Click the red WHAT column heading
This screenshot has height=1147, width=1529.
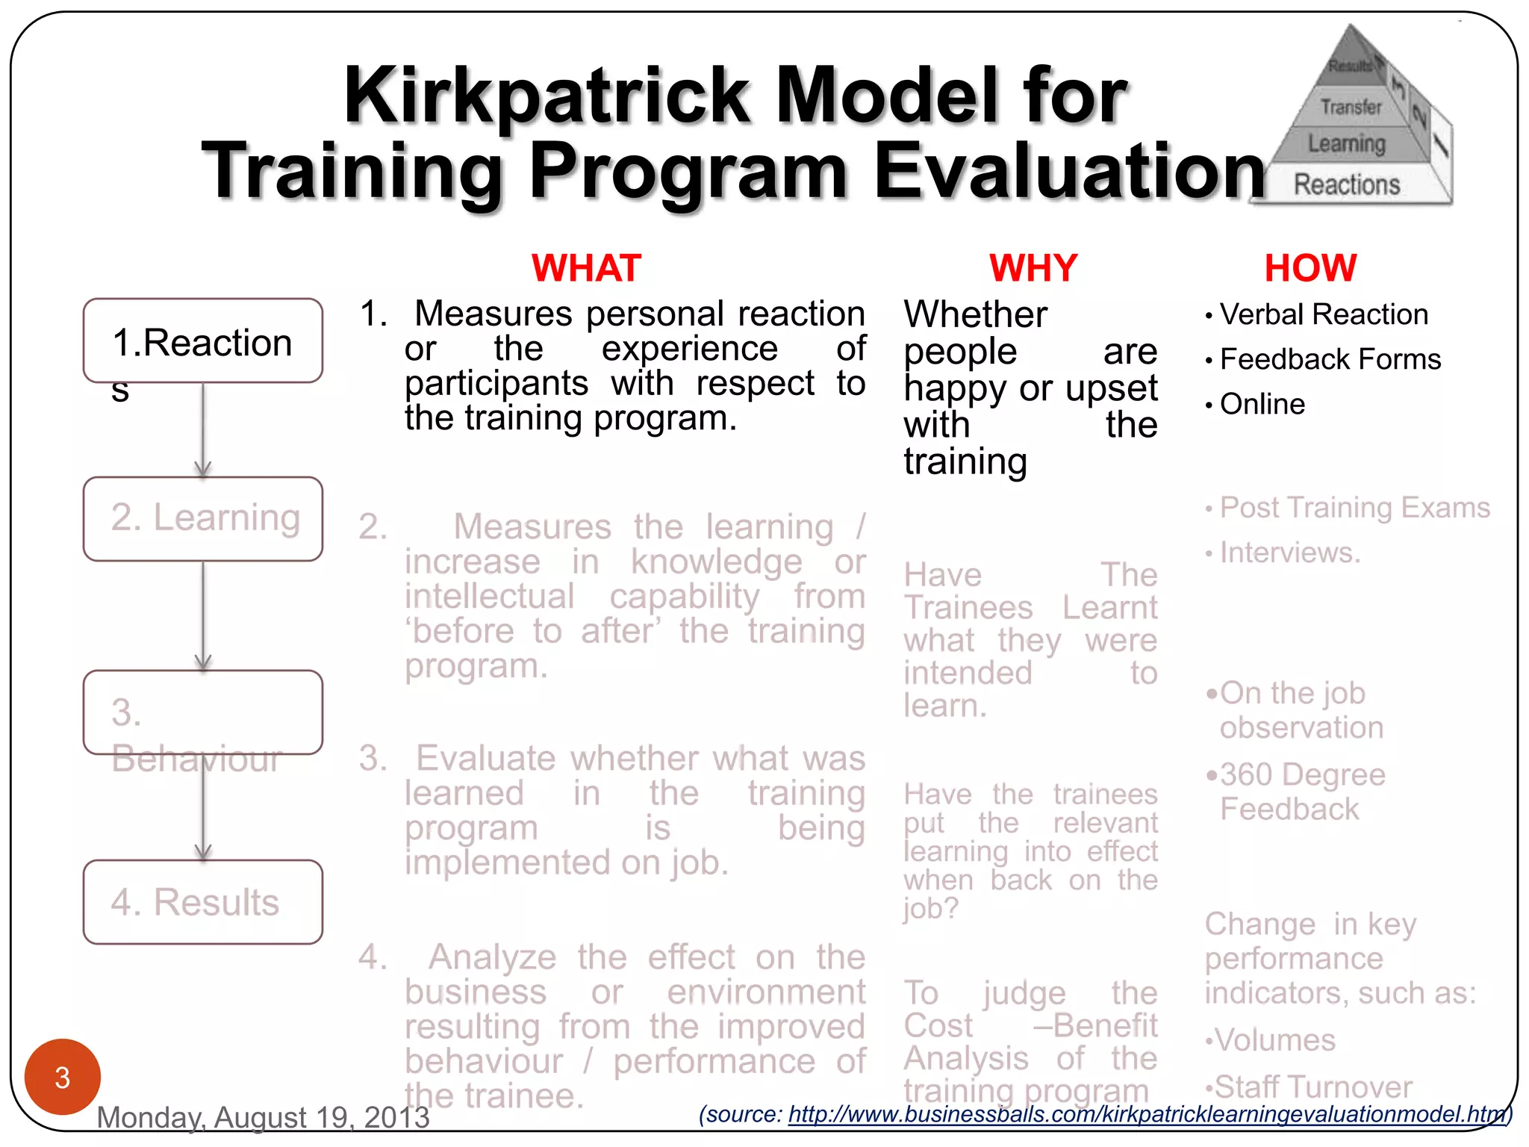pyautogui.click(x=586, y=268)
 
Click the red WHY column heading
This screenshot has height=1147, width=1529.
pyautogui.click(x=1033, y=268)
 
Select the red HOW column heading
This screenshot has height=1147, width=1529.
pyautogui.click(x=1310, y=268)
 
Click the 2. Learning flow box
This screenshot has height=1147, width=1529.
pyautogui.click(x=203, y=519)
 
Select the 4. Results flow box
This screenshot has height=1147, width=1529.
pyautogui.click(x=203, y=902)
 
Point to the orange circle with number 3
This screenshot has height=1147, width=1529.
pyautogui.click(x=63, y=1077)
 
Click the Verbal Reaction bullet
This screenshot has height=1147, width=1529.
pyautogui.click(x=1323, y=314)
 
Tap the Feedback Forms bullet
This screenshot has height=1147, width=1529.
pyautogui.click(x=1330, y=359)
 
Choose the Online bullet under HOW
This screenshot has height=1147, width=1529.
pyautogui.click(x=1262, y=404)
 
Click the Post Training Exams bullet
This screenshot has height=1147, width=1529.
pyautogui.click(x=1354, y=508)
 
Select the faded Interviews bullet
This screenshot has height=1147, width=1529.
pyautogui.click(x=1289, y=553)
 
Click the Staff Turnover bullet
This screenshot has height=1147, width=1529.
pyautogui.click(x=1312, y=1087)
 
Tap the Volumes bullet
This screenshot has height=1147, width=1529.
pyautogui.click(x=1274, y=1040)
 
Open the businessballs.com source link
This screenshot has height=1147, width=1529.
pyautogui.click(x=1147, y=1114)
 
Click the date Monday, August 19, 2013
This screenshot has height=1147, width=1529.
pyautogui.click(x=263, y=1117)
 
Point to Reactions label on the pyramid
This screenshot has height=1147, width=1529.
pyautogui.click(x=1346, y=184)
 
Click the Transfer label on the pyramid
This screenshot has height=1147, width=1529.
pyautogui.click(x=1351, y=108)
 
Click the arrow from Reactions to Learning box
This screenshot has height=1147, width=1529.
pyautogui.click(x=203, y=429)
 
